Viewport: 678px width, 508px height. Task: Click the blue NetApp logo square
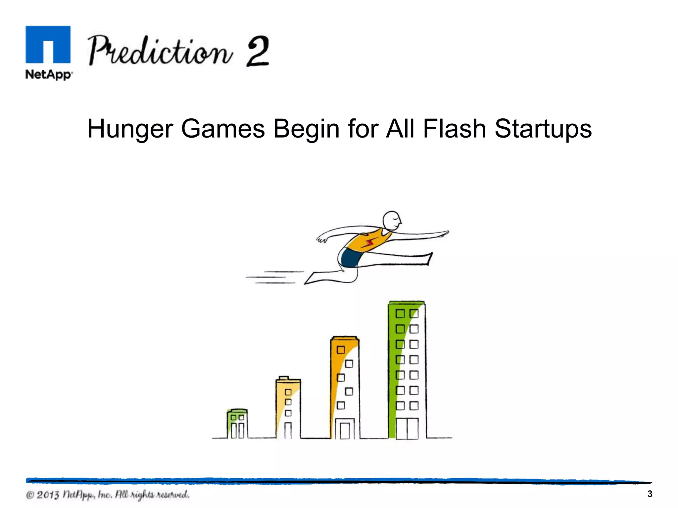coord(48,44)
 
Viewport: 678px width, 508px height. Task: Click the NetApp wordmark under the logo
coord(49,74)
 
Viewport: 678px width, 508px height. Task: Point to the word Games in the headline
coord(223,129)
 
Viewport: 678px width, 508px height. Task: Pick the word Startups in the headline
coord(543,129)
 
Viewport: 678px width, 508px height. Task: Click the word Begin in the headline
coord(306,129)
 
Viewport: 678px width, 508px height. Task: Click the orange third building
coord(345,387)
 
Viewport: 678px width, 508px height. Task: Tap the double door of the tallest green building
coord(407,429)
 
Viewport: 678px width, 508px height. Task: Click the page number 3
coord(650,494)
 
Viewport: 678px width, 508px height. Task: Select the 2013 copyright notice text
coord(108,495)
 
